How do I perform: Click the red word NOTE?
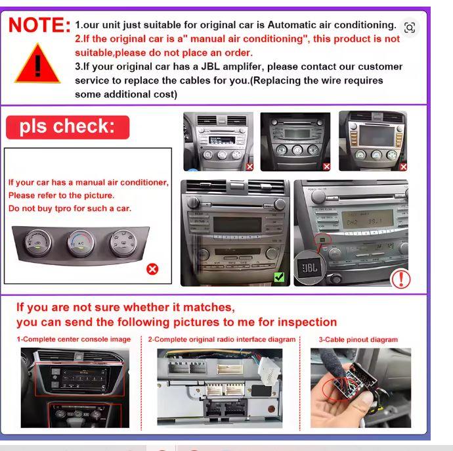tap(39, 25)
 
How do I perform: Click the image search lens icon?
tap(410, 28)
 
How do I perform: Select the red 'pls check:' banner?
tap(68, 127)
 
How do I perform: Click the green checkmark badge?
tap(279, 277)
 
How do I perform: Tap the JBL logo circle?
tap(309, 268)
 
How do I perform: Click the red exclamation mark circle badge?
tap(400, 279)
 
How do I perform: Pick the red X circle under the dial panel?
tap(152, 269)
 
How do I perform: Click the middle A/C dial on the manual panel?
tap(81, 244)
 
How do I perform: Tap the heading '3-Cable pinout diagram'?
tap(358, 340)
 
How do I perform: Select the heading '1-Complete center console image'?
tap(74, 339)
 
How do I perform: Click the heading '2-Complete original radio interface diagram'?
tap(222, 340)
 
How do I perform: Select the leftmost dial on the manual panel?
tap(38, 243)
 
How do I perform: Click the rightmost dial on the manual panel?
tap(123, 243)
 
